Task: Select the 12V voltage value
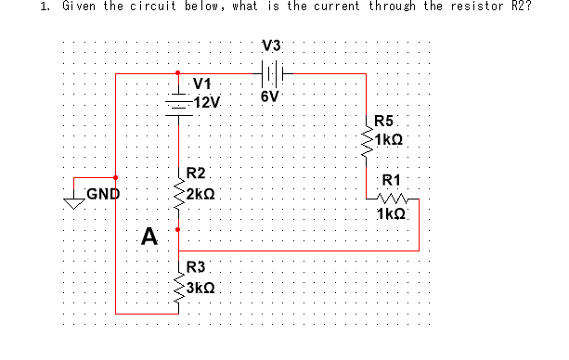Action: tap(200, 101)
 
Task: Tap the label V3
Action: tap(272, 45)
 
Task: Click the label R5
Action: tap(385, 121)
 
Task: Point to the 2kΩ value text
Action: tap(200, 195)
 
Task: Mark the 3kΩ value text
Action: tap(201, 288)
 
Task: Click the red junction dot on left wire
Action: tap(115, 176)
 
